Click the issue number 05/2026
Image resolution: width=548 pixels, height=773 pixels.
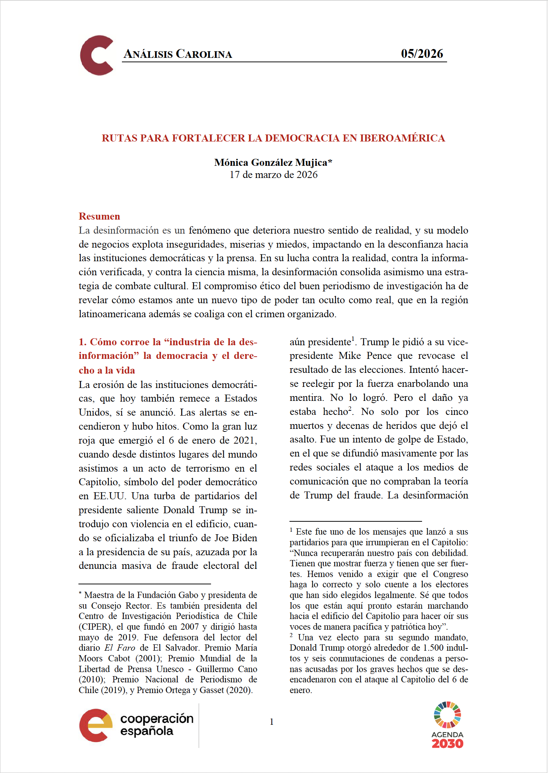[422, 54]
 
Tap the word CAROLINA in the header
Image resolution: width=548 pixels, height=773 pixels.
[204, 54]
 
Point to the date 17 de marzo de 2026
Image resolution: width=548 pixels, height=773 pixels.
[273, 175]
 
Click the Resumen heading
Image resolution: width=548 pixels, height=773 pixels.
[99, 216]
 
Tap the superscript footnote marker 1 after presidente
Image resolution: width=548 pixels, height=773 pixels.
[353, 338]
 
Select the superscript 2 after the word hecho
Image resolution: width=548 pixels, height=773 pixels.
[350, 408]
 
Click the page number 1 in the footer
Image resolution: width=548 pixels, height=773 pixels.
[272, 722]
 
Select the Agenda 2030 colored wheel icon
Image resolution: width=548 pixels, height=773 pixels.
[447, 715]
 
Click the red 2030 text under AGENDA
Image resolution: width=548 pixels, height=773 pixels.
[447, 744]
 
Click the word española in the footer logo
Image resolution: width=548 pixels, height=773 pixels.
[147, 731]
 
